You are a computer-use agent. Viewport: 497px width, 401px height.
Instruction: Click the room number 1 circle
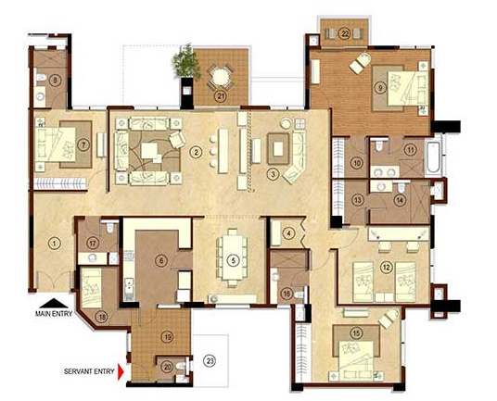tap(55, 244)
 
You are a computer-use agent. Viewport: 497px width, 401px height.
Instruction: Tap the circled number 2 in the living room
tap(196, 151)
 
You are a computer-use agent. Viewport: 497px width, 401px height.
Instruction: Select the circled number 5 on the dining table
tap(232, 259)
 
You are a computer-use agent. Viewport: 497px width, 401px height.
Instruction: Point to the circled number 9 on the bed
tap(380, 88)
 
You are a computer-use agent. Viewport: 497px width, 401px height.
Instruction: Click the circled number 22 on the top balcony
tap(344, 33)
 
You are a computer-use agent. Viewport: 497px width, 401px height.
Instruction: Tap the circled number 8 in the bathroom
tap(56, 80)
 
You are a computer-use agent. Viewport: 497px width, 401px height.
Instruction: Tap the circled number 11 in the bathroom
tap(410, 148)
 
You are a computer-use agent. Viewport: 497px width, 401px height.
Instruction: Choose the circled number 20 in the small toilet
tap(167, 367)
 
